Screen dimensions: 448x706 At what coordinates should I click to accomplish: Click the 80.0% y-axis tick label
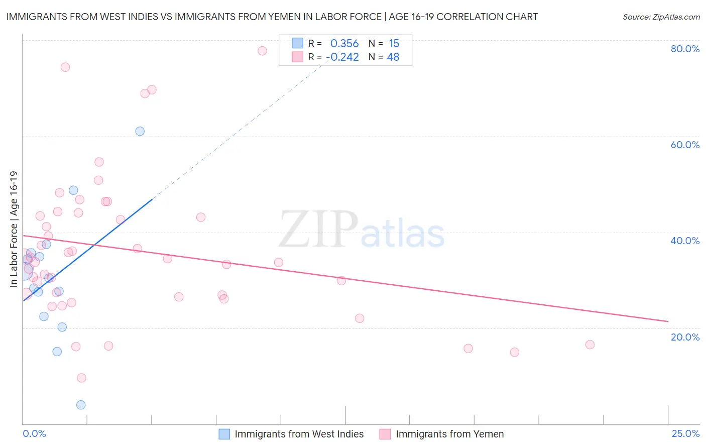(x=685, y=49)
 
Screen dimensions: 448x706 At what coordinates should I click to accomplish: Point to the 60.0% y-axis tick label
(x=685, y=145)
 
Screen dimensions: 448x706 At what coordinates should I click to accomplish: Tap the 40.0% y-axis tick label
(x=685, y=241)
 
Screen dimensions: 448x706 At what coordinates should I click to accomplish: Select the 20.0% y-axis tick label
(x=685, y=337)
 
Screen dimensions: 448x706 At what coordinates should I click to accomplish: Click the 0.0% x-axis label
(x=34, y=433)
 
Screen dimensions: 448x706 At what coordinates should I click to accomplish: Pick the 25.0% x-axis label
(x=685, y=433)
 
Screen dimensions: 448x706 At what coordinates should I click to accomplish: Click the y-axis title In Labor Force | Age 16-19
(x=14, y=229)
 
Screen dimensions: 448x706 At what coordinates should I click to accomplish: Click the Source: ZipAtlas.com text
(x=661, y=17)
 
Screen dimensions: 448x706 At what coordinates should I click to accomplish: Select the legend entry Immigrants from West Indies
(x=292, y=434)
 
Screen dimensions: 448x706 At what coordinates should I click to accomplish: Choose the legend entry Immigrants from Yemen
(x=442, y=434)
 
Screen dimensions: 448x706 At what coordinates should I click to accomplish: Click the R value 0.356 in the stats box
(x=344, y=44)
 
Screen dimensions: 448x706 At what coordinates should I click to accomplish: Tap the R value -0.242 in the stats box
(x=342, y=57)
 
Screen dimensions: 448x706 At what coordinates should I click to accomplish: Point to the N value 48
(x=393, y=57)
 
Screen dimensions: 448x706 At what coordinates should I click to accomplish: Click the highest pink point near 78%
(x=262, y=51)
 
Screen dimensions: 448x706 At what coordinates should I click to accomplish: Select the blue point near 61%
(x=140, y=131)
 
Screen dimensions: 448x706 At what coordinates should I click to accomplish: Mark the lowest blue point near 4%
(x=81, y=405)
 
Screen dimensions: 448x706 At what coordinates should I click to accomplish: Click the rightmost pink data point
(x=590, y=345)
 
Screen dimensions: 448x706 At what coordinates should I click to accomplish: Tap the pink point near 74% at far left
(x=65, y=67)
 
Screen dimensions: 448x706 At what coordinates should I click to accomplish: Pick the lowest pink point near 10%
(x=81, y=378)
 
